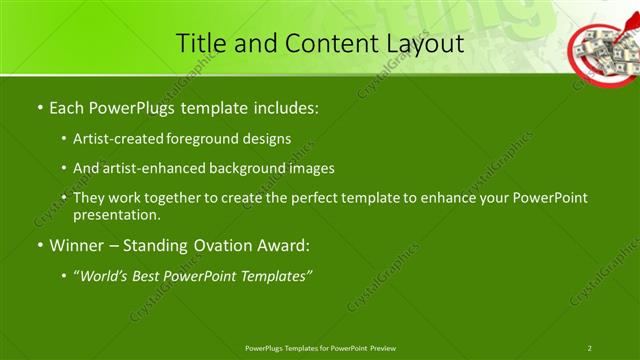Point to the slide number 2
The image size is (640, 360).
[590, 347]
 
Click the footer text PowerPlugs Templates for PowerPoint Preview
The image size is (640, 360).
[320, 347]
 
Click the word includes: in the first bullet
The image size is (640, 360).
[286, 105]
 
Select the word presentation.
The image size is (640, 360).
[115, 215]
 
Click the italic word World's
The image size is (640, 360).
[105, 276]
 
